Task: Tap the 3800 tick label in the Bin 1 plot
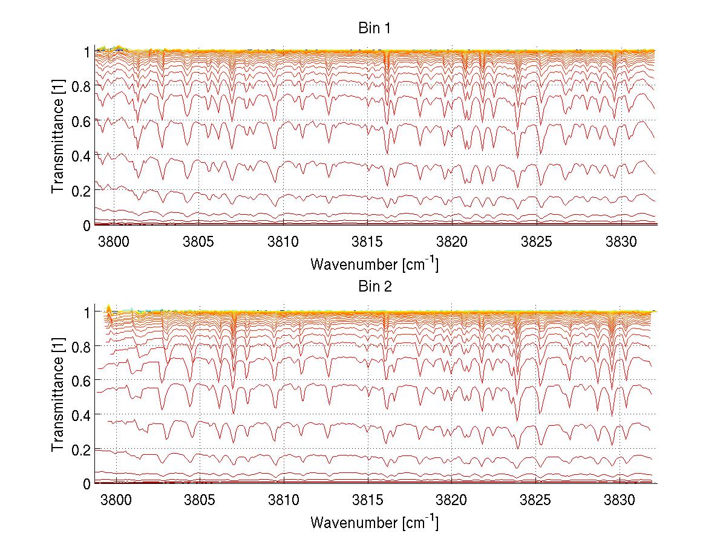[114, 242]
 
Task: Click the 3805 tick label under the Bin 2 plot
[199, 501]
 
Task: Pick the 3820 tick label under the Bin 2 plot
[451, 501]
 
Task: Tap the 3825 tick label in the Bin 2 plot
[536, 501]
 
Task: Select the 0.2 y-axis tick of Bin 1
[80, 190]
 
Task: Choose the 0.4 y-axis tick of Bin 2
[80, 415]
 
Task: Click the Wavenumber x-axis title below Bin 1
[374, 264]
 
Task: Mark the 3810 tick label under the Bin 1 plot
[283, 242]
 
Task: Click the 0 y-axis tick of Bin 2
[87, 483]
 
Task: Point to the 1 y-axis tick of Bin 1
[87, 52]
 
